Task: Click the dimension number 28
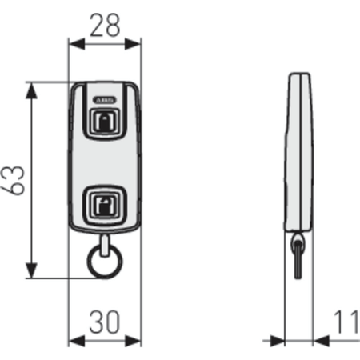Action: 105,26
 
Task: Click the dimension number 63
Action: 13,181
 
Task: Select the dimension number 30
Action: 105,322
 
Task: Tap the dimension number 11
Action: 346,322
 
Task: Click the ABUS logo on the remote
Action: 105,100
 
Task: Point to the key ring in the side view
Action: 298,256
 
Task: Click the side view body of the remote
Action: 298,152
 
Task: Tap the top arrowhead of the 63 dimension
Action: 31,90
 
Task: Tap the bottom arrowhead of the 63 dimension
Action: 31,270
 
